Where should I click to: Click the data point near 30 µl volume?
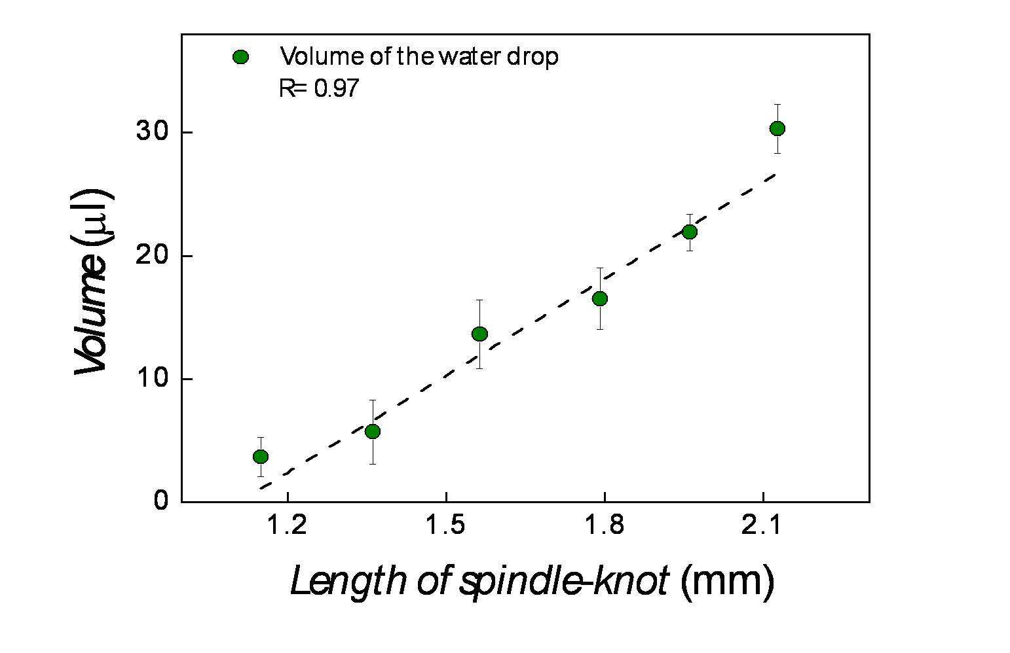777,128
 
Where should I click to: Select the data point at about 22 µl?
689,232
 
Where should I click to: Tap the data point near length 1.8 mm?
599,298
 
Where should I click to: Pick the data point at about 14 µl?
479,334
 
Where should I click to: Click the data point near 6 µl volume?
372,431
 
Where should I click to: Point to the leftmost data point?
260,456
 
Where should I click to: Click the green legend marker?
240,58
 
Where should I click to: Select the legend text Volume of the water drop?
419,57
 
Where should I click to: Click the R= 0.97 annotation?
319,88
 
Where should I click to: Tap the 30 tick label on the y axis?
151,132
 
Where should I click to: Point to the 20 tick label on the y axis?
151,256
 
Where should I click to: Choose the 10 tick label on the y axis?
151,379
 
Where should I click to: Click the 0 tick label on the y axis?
160,501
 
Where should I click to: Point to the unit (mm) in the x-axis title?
727,580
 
